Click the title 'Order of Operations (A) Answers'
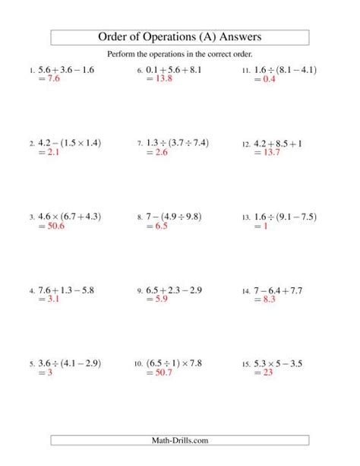pyautogui.click(x=180, y=37)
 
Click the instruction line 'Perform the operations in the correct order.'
pyautogui.click(x=180, y=54)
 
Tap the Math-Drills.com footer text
pyautogui.click(x=180, y=440)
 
